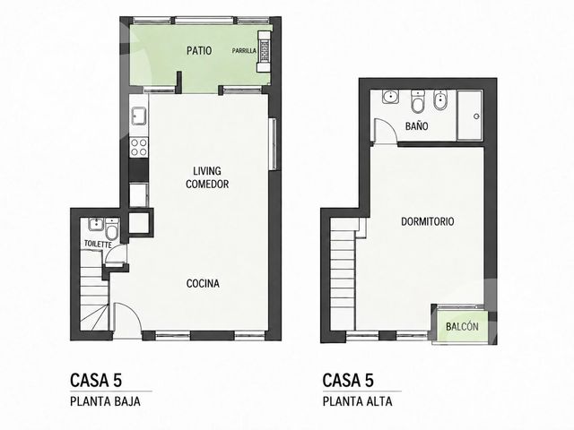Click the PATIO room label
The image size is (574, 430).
click(199, 50)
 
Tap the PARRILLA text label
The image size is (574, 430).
click(244, 51)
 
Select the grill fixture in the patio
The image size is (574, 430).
click(264, 51)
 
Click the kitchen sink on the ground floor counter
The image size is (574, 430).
click(139, 116)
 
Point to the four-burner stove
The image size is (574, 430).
click(139, 147)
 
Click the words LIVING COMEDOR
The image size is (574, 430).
click(207, 177)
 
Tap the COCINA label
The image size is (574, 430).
click(203, 283)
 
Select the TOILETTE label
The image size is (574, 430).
click(98, 244)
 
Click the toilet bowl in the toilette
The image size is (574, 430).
click(111, 229)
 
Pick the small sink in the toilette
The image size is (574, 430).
click(95, 225)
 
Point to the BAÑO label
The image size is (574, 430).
click(416, 126)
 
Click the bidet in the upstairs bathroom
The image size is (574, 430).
click(439, 100)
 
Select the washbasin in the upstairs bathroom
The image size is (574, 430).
click(391, 97)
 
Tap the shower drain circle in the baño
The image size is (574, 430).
click(476, 116)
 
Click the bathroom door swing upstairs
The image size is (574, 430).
click(385, 131)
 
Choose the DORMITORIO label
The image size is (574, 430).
click(428, 221)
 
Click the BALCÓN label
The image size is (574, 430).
click(462, 326)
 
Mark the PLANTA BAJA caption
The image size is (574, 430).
click(105, 401)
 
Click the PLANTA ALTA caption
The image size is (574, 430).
click(357, 401)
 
